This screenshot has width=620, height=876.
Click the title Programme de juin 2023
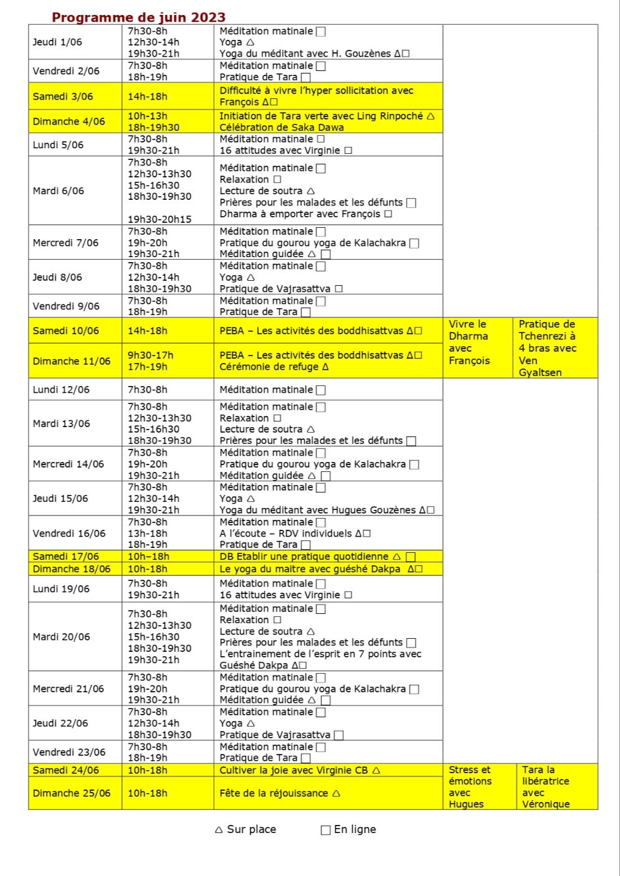coord(138,17)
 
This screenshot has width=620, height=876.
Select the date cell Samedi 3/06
coord(63,97)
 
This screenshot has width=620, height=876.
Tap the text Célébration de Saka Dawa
coord(281,128)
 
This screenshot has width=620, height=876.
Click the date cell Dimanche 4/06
coord(68,122)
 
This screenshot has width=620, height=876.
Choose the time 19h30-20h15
coord(159,219)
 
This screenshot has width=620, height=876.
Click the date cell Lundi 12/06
coord(61,390)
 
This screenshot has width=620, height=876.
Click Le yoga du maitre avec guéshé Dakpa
coord(310,569)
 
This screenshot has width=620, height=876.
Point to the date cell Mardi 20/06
coord(61,637)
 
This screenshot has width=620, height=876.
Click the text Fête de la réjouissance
coord(274,793)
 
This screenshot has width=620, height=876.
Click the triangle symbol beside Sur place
coord(218,830)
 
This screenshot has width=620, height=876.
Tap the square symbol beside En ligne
coord(326,830)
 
